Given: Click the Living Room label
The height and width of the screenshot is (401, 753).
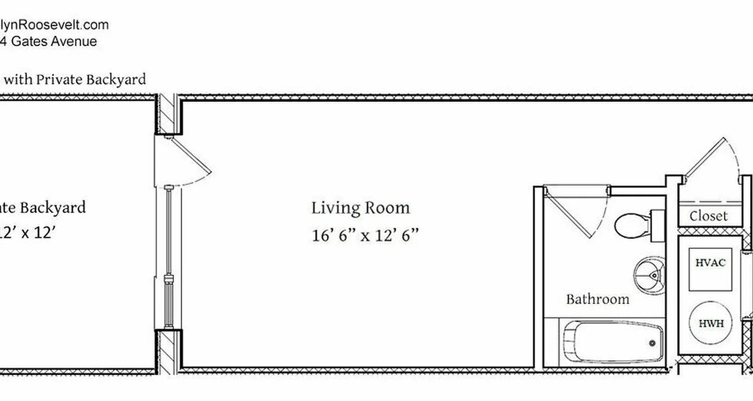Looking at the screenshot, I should coord(360,208).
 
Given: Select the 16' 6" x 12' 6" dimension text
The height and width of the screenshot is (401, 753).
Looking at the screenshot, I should coord(365,235).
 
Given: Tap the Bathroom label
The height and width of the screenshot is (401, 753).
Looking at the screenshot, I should coord(597,299).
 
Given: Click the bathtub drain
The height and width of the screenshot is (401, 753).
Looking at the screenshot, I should coord(652,343).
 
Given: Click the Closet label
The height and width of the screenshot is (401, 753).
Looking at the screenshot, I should coord(708,216).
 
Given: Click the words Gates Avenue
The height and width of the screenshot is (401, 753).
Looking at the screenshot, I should coord(54,41).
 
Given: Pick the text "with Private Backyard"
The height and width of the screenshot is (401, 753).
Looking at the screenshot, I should coord(75,79).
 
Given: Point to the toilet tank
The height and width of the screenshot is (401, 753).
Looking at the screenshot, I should coord(658,226).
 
